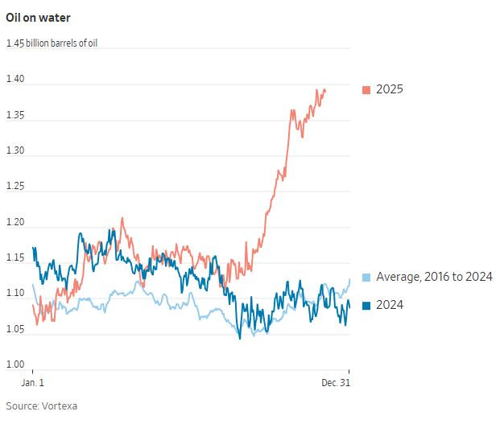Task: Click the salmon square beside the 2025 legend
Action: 366,89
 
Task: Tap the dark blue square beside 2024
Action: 366,305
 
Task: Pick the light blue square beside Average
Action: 366,278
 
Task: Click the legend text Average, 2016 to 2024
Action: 434,278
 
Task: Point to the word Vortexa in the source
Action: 60,406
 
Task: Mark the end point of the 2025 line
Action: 325,90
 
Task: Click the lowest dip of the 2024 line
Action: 240,338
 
